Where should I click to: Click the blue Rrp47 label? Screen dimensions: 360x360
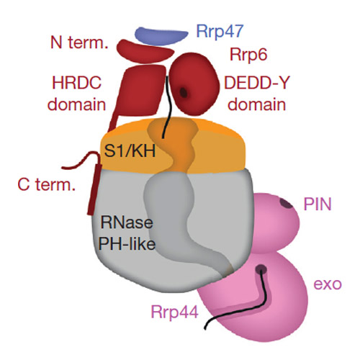pos(220,32)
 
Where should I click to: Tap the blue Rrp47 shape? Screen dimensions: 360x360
pos(161,36)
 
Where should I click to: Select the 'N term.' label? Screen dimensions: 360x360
pos(79,42)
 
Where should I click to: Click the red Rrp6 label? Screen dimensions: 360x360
pos(248,55)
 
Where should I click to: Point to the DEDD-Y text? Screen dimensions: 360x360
pos(257,83)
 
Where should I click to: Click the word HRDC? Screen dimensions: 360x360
pos(77,83)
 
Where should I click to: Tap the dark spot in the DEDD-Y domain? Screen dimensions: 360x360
pos(184,92)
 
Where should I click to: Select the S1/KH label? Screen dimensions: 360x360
pos(130,151)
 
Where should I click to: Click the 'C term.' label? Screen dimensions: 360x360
pos(47,185)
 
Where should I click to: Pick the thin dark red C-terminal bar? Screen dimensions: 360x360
pos(94,189)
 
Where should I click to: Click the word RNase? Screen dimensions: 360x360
pos(127,222)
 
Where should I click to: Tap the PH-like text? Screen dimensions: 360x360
pos(127,244)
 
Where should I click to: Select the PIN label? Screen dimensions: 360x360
pos(318,204)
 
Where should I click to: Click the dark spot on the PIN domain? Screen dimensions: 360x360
pos(287,204)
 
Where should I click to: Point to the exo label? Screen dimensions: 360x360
pos(328,284)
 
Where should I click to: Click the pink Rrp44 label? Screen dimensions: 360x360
pos(174,312)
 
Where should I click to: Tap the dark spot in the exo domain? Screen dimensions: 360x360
pos(261,269)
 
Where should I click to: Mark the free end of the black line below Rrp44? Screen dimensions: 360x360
pos(205,328)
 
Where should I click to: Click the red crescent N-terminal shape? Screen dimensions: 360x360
pos(145,51)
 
